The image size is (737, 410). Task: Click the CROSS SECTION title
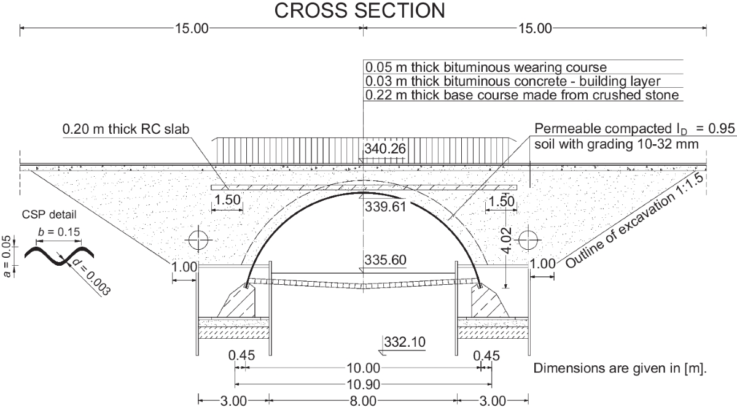pos(360,10)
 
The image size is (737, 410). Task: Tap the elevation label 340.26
pos(385,149)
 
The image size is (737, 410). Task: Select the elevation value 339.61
pos(385,207)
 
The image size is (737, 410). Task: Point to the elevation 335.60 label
pos(385,260)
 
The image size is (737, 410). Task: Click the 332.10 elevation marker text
pos(405,342)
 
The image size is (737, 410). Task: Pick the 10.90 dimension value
pos(364,384)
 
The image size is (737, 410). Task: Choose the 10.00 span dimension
pos(364,368)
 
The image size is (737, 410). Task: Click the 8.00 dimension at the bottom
pos(363,401)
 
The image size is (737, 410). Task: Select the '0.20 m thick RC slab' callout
pos(126,130)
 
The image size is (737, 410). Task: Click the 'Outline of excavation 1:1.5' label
pos(635,221)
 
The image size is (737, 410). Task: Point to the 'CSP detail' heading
pos(49,215)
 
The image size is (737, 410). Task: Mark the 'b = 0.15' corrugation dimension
pos(59,232)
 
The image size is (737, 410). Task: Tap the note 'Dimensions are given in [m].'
pos(620,368)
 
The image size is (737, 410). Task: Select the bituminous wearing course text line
pos(486,68)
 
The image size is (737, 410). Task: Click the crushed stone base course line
pos(522,95)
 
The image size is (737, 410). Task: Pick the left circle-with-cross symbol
pos(198,240)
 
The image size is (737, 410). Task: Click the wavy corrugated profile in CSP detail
pos(59,255)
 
